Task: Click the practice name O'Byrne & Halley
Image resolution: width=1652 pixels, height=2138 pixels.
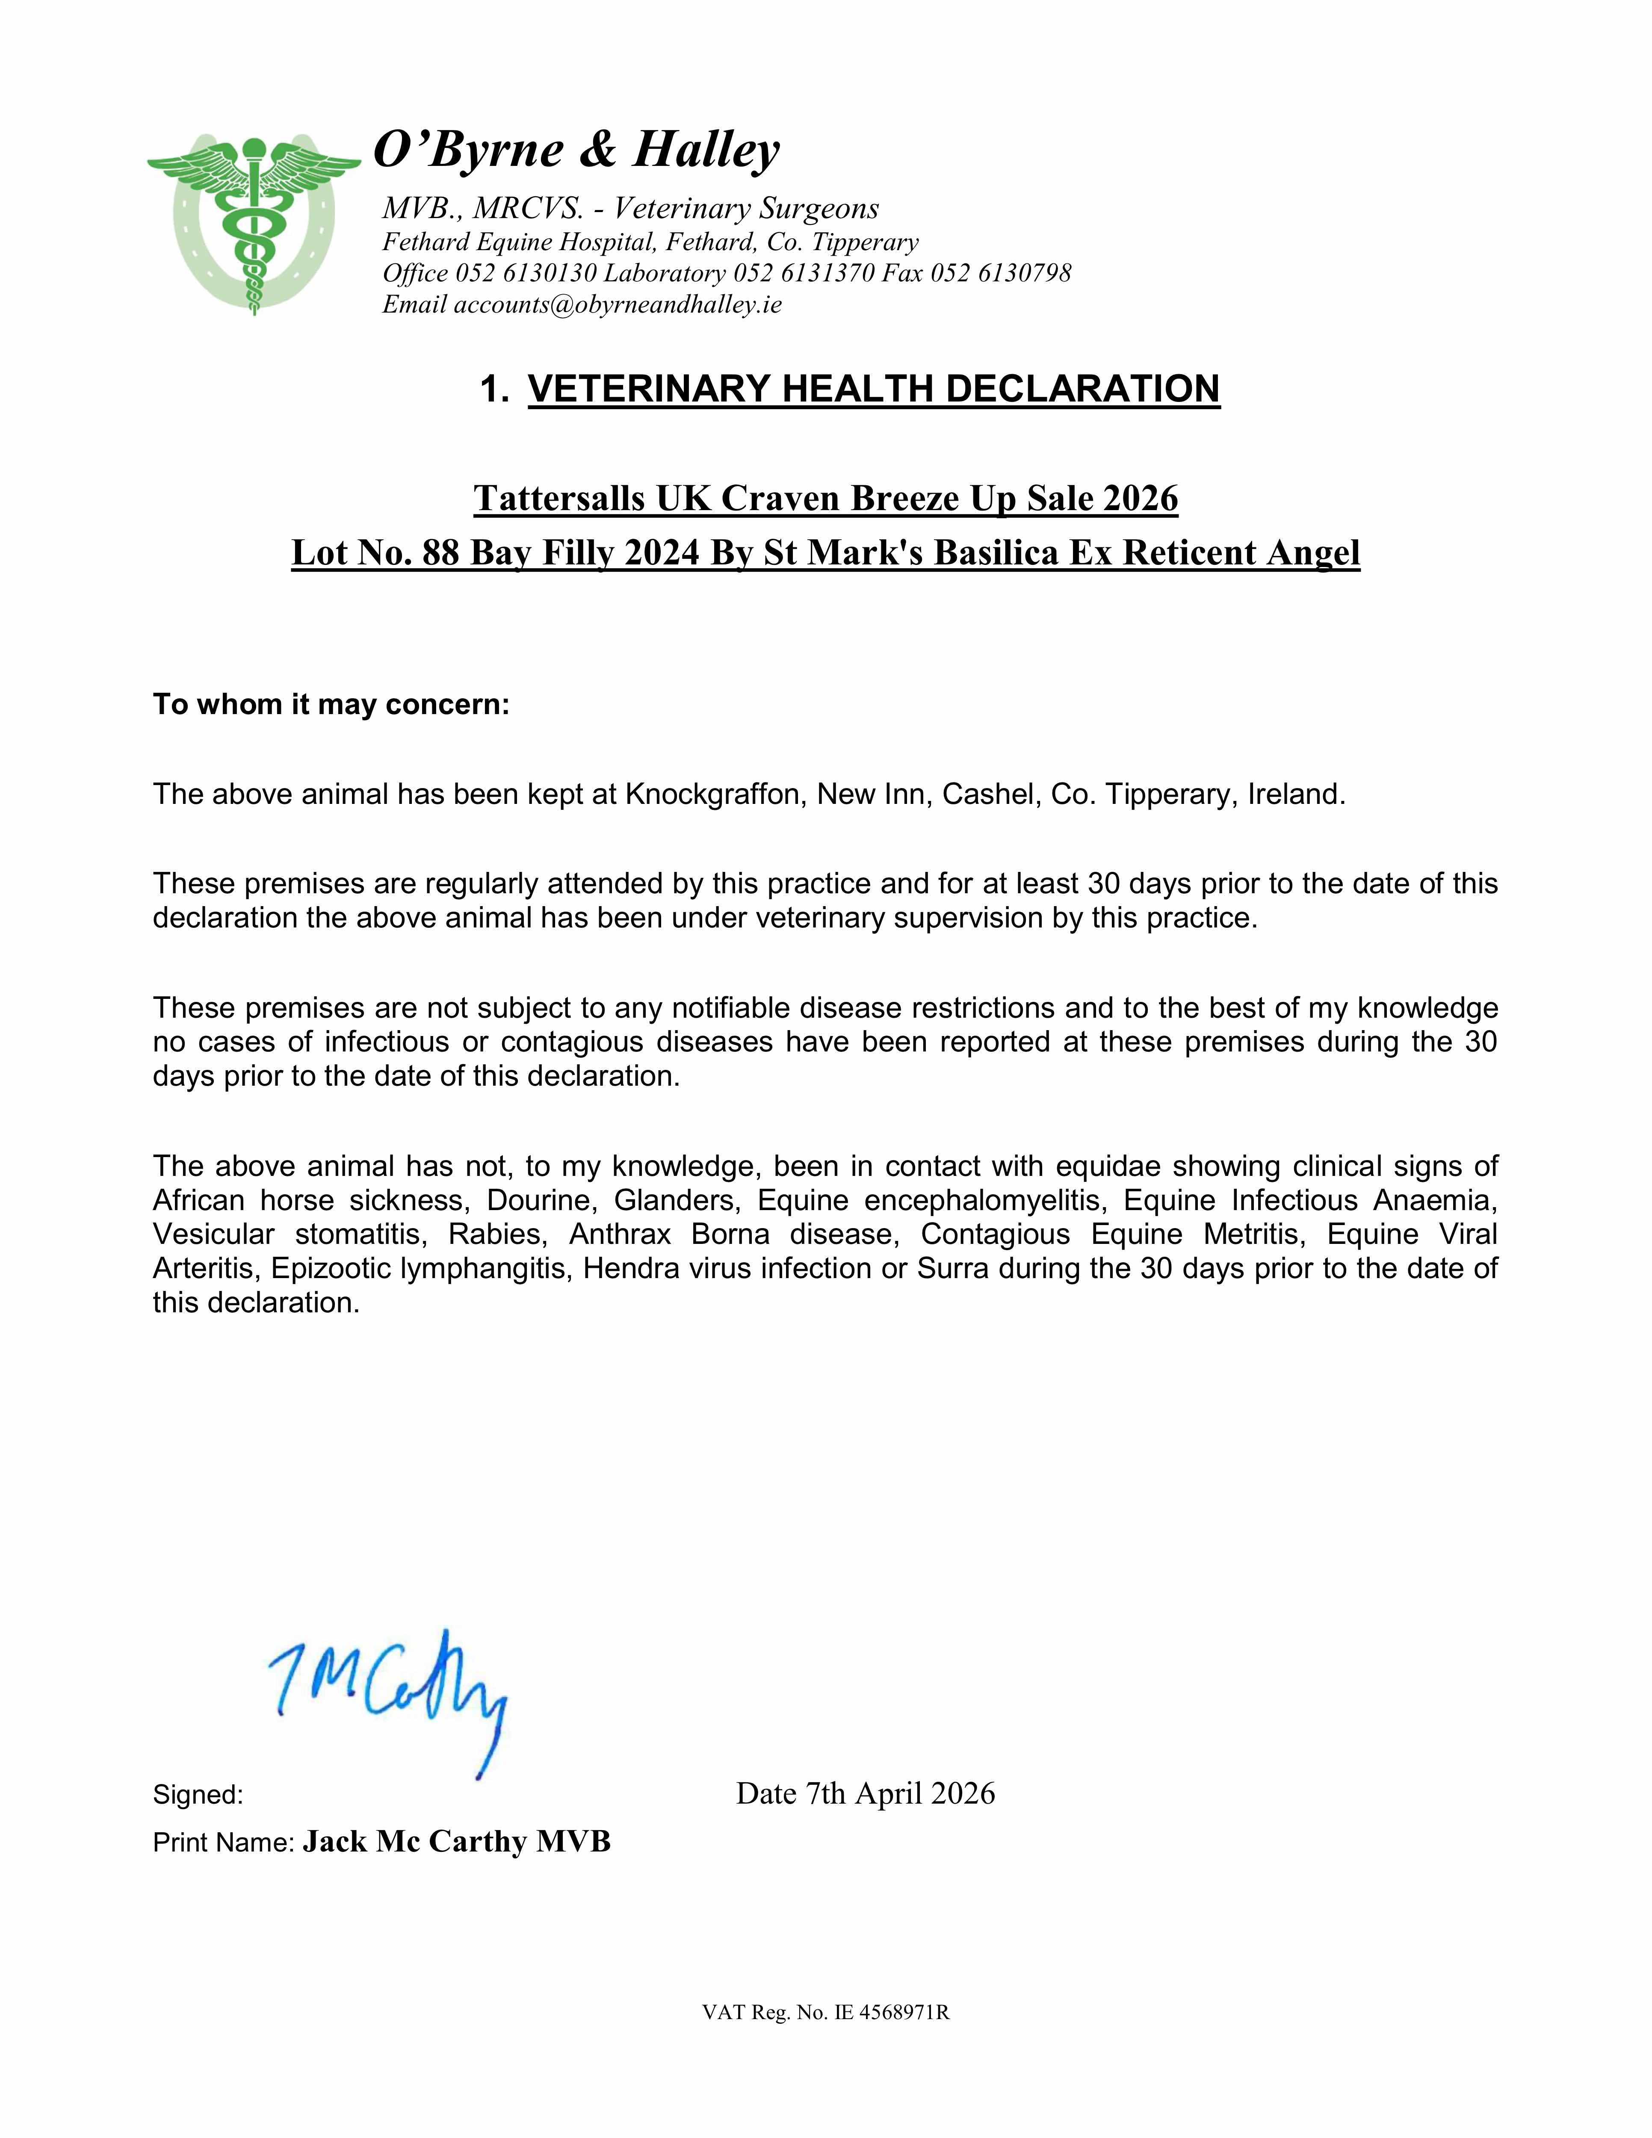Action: pos(577,150)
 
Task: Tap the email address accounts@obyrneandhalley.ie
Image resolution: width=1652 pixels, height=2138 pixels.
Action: pos(617,304)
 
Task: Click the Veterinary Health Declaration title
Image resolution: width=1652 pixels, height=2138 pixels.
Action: pos(874,389)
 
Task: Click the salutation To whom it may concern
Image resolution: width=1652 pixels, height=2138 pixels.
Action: pos(331,705)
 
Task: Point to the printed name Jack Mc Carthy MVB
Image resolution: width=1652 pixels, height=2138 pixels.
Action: pos(456,1841)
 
